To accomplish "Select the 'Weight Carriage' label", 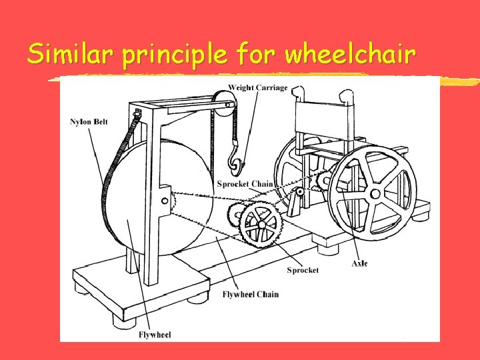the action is tap(258, 87).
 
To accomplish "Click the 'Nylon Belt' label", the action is tap(89, 122).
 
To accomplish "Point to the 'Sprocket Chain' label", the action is tap(245, 184).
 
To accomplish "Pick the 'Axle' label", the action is tap(359, 263).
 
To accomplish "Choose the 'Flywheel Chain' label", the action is tap(251, 294).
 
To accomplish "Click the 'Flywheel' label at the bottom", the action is tap(155, 334).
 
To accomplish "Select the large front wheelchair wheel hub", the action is tap(375, 194).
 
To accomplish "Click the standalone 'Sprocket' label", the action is tap(303, 270).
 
